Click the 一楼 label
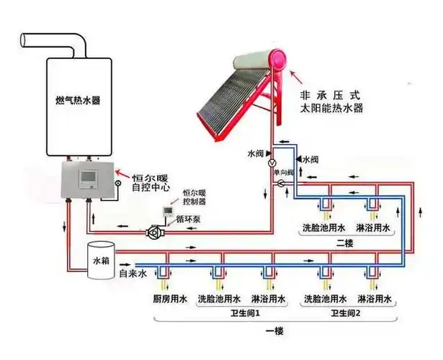point(276,330)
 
